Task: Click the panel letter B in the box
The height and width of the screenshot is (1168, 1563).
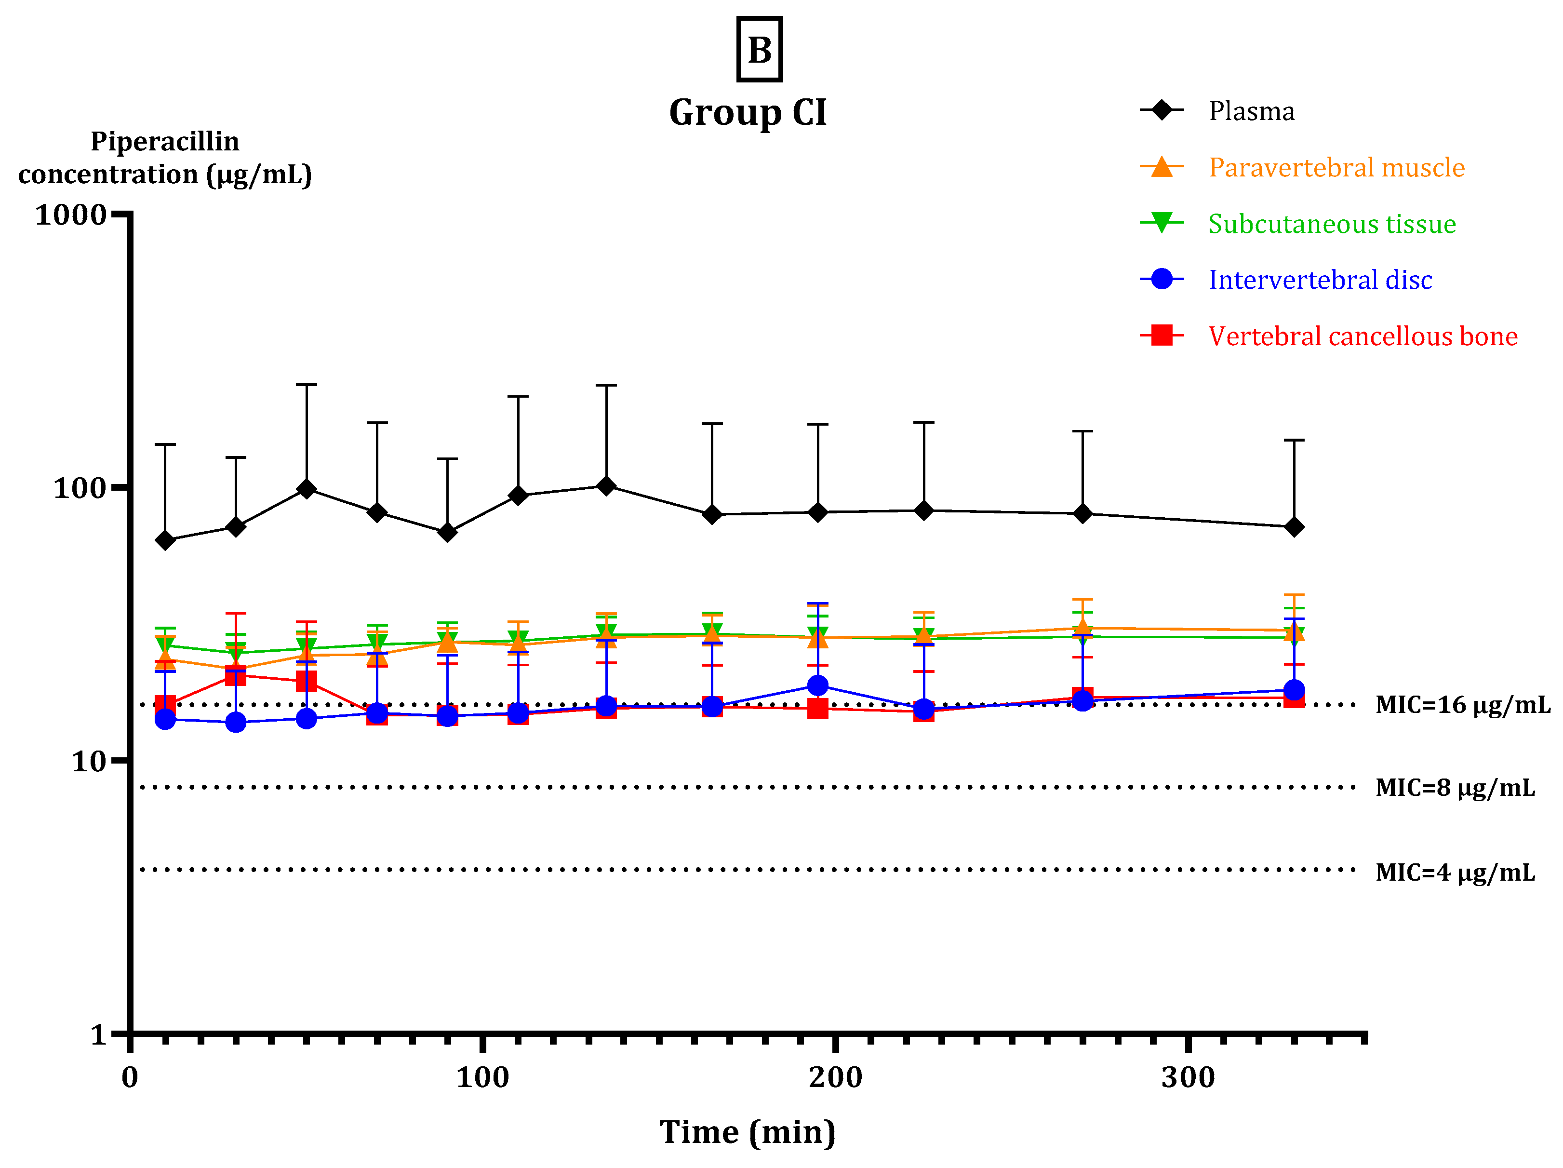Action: (x=760, y=50)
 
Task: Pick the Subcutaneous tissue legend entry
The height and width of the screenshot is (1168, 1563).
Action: (x=1331, y=224)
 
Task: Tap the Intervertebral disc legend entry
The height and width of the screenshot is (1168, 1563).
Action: (x=1320, y=280)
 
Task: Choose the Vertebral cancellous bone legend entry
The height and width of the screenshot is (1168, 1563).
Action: (x=1363, y=336)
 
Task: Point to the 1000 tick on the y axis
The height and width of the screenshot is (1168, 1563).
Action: (x=71, y=215)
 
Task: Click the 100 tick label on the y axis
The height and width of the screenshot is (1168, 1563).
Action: (x=79, y=488)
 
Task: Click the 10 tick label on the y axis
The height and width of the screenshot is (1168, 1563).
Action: (x=88, y=762)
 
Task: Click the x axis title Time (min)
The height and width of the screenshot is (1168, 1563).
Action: (x=748, y=1132)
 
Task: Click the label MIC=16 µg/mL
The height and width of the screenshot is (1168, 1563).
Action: (x=1462, y=705)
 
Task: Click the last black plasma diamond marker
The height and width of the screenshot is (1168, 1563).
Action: (x=1294, y=527)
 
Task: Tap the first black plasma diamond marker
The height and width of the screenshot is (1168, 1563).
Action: (x=165, y=540)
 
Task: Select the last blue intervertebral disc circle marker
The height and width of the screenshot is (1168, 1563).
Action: (x=1294, y=690)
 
